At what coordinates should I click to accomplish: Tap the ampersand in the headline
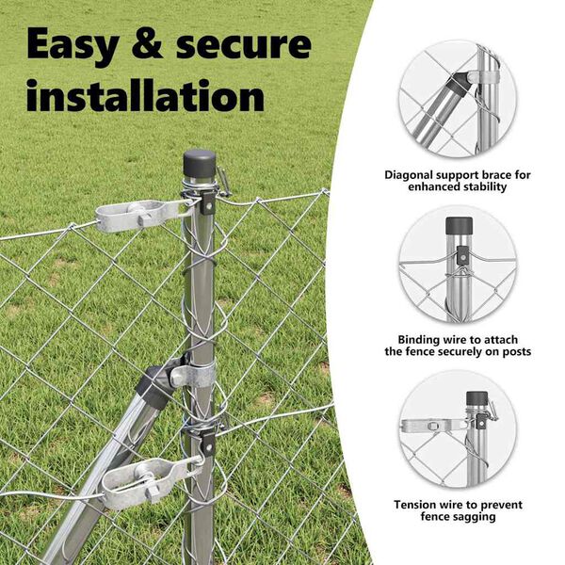pyautogui.click(x=147, y=43)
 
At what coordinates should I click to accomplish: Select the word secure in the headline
pyautogui.click(x=244, y=44)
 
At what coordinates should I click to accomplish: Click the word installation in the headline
pyautogui.click(x=146, y=95)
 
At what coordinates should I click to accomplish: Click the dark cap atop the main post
pyautogui.click(x=200, y=164)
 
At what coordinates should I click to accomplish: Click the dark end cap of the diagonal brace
pyautogui.click(x=155, y=385)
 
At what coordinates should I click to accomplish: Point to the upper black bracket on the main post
pyautogui.click(x=207, y=202)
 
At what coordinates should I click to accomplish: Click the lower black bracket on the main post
pyautogui.click(x=208, y=444)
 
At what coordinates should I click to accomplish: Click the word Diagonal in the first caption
pyautogui.click(x=409, y=175)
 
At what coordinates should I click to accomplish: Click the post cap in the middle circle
pyautogui.click(x=460, y=226)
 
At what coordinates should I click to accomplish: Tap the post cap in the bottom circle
pyautogui.click(x=477, y=398)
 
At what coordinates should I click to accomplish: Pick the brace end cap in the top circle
pyautogui.click(x=456, y=85)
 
